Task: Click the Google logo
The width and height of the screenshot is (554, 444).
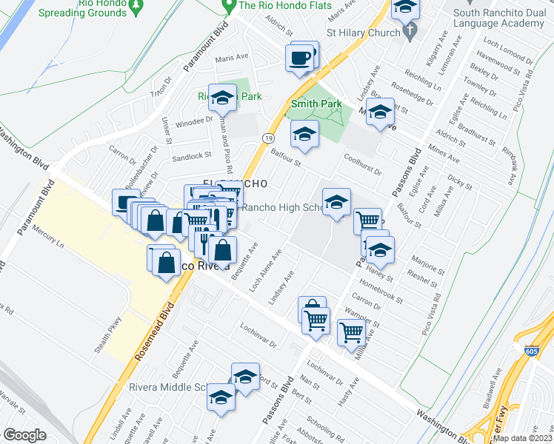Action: (x=24, y=435)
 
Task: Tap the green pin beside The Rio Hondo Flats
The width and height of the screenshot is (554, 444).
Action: (x=229, y=6)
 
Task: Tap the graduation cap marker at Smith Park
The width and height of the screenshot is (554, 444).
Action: (x=304, y=135)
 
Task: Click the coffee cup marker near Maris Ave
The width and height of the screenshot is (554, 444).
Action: (x=300, y=58)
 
